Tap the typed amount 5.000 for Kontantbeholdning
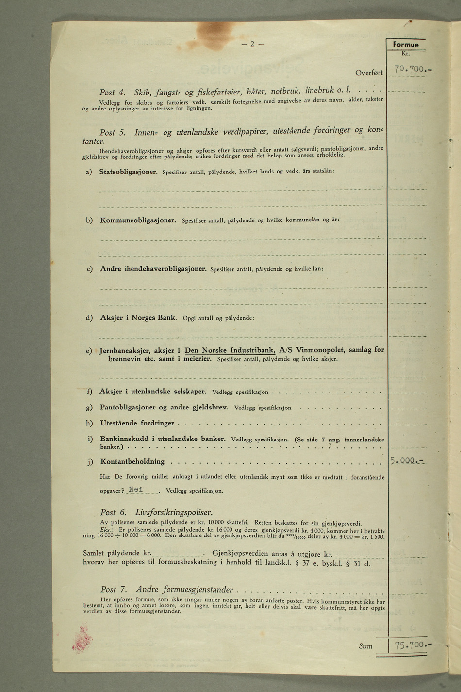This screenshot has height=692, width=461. [407, 460]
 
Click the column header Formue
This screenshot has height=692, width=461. [406, 45]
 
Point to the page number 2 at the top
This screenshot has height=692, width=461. [252, 44]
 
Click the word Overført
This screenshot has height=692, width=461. [369, 73]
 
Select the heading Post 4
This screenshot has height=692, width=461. [113, 92]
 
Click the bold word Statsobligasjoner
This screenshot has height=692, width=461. [128, 172]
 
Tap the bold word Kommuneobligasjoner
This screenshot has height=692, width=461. [138, 220]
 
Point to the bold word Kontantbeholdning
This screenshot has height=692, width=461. [132, 462]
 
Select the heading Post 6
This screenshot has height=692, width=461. [114, 512]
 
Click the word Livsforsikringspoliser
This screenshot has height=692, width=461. [174, 512]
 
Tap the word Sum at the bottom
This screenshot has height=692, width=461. [365, 646]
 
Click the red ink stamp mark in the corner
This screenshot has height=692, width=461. [81, 639]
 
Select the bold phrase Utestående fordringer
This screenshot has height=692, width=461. [137, 423]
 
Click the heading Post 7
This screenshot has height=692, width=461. [114, 590]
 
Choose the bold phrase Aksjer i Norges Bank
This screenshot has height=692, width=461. [134, 318]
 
